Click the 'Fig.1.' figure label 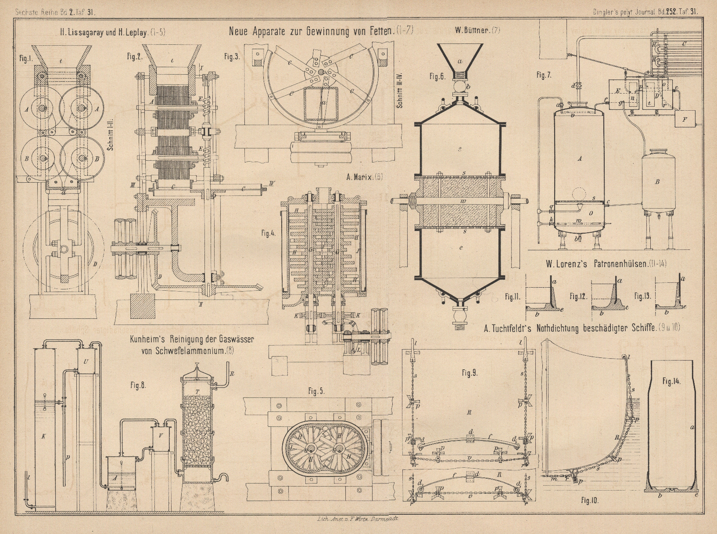[x=26, y=59]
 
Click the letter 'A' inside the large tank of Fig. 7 [x=579, y=159]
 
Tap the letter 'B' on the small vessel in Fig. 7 [x=657, y=181]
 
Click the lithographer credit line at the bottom [x=357, y=518]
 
